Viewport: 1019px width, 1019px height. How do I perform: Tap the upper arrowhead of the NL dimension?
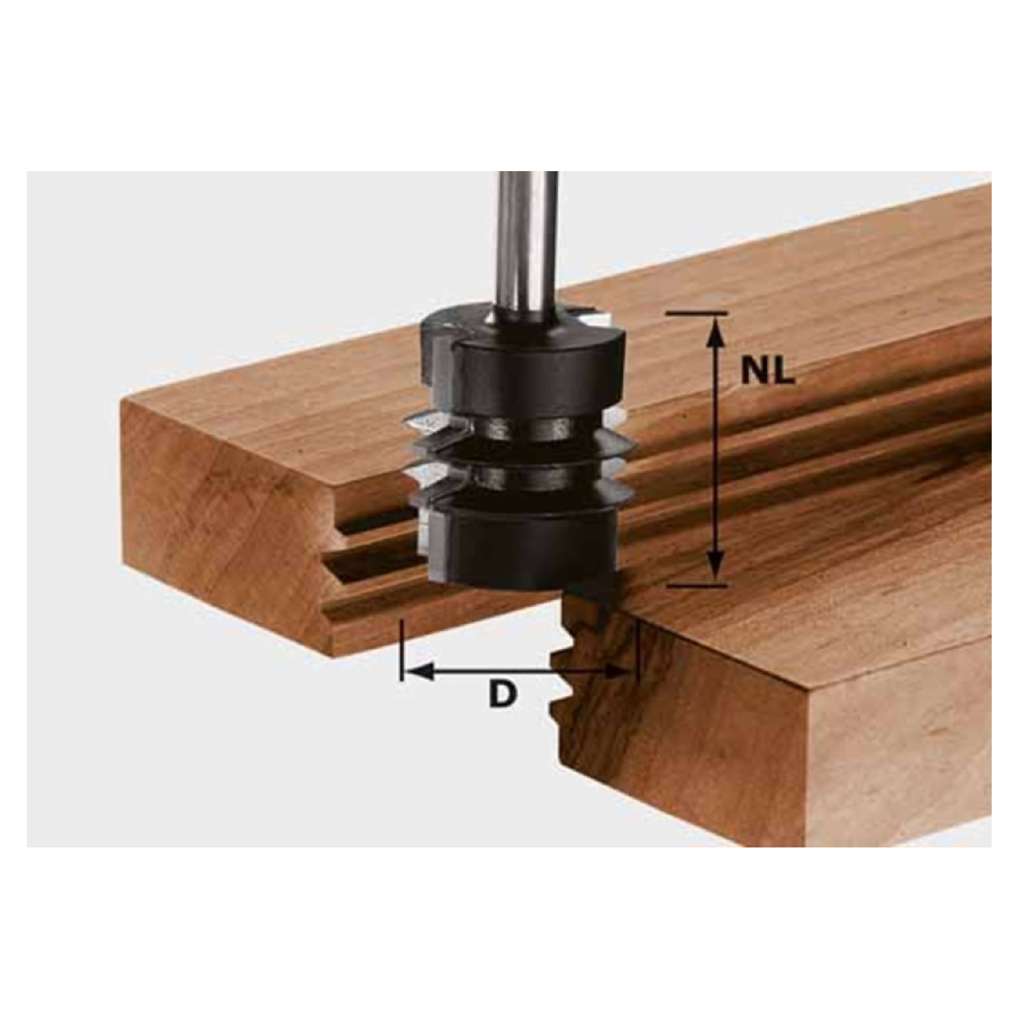coord(715,329)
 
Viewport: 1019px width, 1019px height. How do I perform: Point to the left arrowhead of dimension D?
coord(420,671)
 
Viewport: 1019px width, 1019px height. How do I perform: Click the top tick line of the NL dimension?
coord(697,314)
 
